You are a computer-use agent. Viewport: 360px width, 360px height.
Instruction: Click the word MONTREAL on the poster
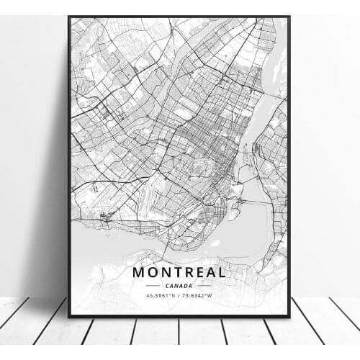(x=179, y=272)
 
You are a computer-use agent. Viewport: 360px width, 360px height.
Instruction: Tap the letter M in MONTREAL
(x=138, y=272)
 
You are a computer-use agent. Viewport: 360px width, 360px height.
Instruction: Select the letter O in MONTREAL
(x=153, y=272)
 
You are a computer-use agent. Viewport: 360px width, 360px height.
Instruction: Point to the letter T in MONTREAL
(x=178, y=272)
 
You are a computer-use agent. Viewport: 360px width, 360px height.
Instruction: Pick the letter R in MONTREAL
(x=189, y=272)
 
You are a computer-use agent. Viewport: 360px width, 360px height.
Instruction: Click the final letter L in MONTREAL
(x=222, y=272)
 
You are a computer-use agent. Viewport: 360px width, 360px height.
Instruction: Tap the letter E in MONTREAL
(x=200, y=272)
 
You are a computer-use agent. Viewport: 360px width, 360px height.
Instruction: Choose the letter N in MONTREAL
(x=166, y=272)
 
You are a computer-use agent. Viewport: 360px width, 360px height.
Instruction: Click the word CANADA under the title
(x=179, y=286)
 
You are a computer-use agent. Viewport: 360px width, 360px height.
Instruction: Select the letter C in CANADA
(x=166, y=286)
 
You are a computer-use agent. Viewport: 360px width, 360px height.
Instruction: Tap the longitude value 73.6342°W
(x=199, y=296)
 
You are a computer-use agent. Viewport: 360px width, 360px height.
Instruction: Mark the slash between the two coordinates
(x=180, y=296)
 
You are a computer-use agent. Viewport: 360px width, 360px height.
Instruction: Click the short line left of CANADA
(x=153, y=286)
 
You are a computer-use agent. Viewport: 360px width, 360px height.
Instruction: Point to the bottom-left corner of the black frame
(x=69, y=316)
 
